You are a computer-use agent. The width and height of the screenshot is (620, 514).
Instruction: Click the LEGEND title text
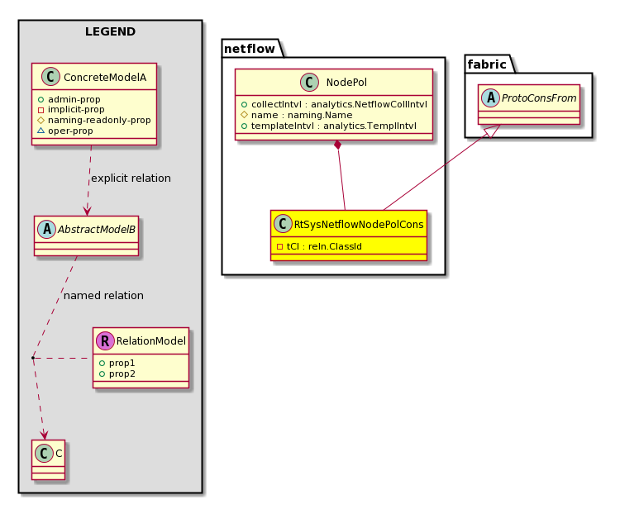point(110,31)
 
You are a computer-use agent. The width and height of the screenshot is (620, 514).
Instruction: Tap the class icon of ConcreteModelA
point(50,77)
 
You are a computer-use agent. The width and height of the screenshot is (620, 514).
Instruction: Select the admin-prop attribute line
point(69,99)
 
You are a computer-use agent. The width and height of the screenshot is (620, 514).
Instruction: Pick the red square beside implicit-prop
point(41,110)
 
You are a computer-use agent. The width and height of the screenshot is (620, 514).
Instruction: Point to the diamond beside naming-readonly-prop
point(41,120)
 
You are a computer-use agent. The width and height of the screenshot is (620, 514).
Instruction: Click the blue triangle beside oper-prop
point(41,130)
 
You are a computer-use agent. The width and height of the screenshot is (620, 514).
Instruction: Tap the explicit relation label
point(131,178)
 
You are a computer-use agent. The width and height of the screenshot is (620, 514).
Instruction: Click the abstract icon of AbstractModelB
point(47,230)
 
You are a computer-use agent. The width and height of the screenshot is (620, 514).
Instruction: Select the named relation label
point(103,295)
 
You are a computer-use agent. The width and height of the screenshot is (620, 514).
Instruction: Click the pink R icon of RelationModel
point(105,340)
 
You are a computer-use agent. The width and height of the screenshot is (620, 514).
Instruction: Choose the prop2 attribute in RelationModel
point(117,374)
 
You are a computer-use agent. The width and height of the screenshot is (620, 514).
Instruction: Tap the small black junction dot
point(33,358)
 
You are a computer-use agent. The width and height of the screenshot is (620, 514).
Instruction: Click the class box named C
point(48,459)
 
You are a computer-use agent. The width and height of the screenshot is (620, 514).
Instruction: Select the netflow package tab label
point(250,49)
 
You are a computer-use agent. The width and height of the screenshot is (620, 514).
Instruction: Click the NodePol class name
point(346,83)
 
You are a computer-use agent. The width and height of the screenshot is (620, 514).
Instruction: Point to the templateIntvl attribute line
point(329,126)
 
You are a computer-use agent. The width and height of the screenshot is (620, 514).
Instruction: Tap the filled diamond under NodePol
point(337,145)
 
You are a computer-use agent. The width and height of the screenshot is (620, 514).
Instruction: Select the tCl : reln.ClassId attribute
point(319,246)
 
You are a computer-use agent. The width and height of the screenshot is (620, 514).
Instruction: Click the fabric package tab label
point(487,64)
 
